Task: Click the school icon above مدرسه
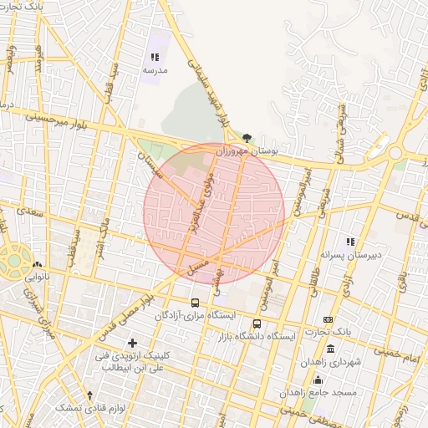[155, 57]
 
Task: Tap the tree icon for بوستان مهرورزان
[247, 137]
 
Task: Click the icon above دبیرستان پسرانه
[350, 241]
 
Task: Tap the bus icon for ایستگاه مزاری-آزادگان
[195, 303]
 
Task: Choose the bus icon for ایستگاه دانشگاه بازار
[257, 324]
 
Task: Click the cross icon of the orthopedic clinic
[132, 343]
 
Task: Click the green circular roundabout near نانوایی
[15, 258]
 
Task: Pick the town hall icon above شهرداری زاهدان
[331, 349]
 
